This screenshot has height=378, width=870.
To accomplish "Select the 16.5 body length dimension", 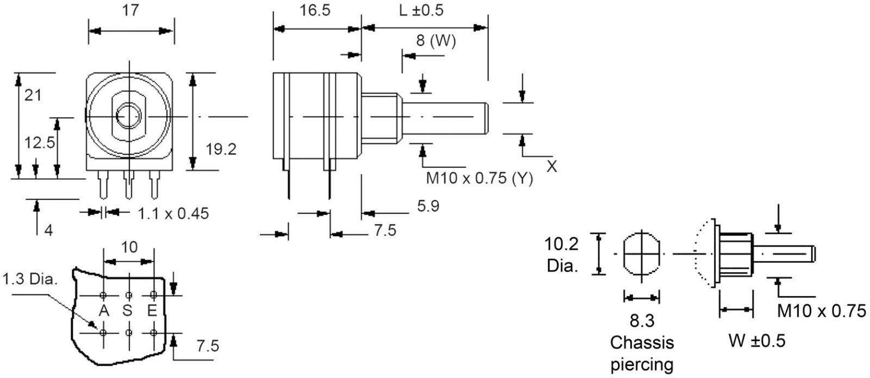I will (x=315, y=11).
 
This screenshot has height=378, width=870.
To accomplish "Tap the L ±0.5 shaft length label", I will (x=422, y=11).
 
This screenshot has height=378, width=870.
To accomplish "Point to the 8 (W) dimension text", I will (x=436, y=41).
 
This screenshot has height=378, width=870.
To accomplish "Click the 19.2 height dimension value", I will (x=221, y=149).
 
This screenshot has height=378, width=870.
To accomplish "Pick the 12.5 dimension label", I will (x=40, y=143).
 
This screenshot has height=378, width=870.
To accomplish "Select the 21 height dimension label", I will (x=33, y=96).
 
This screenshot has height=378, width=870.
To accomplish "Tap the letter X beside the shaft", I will (x=551, y=167).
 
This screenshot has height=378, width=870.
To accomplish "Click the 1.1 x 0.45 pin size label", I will (x=173, y=213).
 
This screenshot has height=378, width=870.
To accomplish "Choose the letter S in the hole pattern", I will (x=128, y=311).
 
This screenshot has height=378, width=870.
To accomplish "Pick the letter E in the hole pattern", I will (x=152, y=311).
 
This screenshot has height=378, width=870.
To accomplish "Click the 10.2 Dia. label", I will (x=562, y=255).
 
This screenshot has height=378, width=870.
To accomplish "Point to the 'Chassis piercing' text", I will (x=642, y=354).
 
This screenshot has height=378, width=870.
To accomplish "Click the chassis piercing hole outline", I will (x=642, y=254).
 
